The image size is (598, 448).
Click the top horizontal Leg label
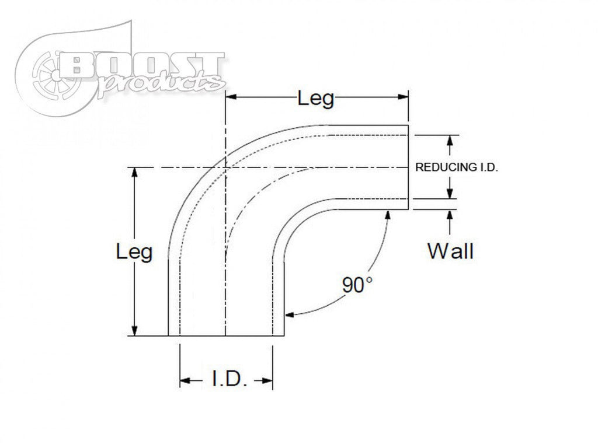316,99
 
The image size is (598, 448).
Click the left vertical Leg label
134,252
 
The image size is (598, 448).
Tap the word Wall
450,251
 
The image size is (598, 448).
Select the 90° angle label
357,285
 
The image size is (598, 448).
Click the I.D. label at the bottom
226,381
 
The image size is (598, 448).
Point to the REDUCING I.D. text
456,167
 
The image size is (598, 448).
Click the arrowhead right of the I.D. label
267,381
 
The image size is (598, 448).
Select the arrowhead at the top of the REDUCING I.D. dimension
450,140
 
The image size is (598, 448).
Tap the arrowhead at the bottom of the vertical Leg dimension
135,331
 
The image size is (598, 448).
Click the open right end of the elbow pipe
408,167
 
